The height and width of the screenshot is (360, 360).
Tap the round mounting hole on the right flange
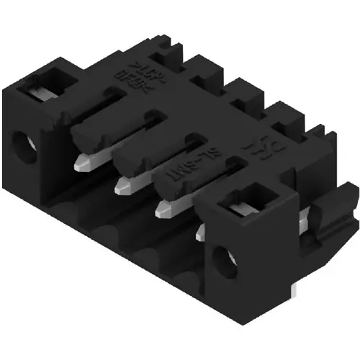(x=221, y=258)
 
